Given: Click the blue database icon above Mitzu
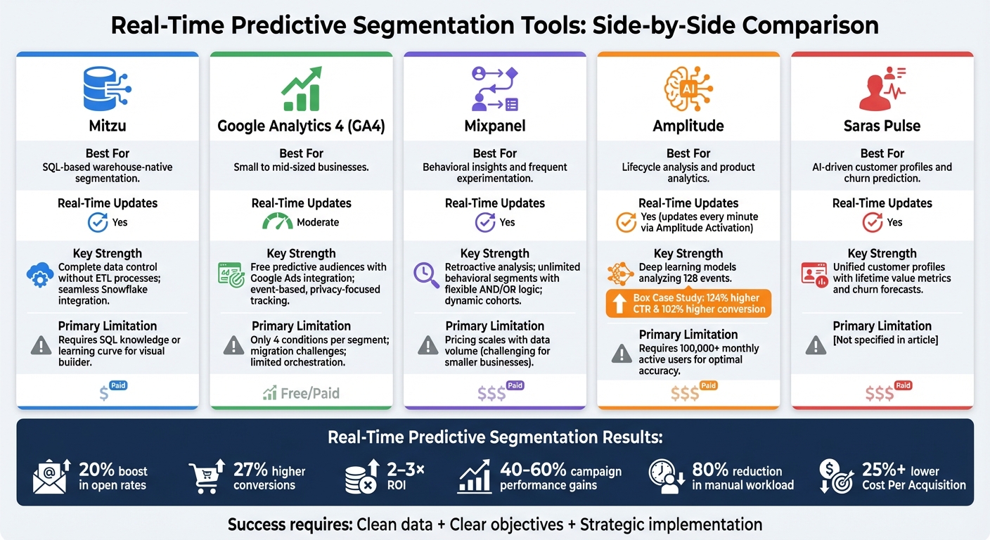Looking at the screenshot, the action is (107, 89).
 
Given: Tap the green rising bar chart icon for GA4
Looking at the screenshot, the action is (301, 89).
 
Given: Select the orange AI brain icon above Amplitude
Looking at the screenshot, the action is (688, 89).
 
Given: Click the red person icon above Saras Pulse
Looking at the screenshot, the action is (882, 89).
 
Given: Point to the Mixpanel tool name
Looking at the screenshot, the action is (494, 126).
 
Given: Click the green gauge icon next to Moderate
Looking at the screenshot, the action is (278, 221).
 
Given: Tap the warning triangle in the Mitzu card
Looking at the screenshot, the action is (41, 345).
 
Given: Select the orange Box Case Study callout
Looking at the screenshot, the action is (688, 304).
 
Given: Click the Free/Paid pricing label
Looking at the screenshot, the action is (302, 393).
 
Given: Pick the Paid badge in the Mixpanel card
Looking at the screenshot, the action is (515, 385).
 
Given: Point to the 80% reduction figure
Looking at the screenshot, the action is (709, 470).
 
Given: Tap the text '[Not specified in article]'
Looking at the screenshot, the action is (885, 340).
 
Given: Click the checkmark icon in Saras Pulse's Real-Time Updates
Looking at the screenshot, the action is (873, 222).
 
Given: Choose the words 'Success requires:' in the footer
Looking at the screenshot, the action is (290, 525).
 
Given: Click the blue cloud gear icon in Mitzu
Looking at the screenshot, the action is (40, 276).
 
